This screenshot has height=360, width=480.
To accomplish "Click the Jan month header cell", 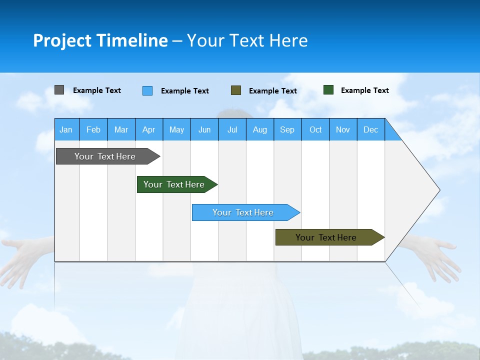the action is (66, 129).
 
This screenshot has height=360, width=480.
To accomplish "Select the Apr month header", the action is (149, 129).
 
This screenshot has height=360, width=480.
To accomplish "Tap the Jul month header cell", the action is (232, 129).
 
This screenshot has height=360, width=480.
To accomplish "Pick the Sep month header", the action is (287, 129).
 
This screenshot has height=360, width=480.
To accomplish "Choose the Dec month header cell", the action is (371, 129).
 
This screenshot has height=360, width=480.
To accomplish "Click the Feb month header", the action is (93, 129).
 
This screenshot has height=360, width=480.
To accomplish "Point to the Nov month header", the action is (343, 129).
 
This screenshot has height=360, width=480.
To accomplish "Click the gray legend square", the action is (59, 90).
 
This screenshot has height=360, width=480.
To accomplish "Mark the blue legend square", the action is (147, 90).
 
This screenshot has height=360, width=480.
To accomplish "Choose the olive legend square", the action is (236, 90).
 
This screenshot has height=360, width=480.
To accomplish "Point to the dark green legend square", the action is (328, 90).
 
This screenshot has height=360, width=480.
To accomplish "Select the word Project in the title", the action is (61, 40).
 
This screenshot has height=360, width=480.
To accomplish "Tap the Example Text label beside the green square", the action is (364, 90).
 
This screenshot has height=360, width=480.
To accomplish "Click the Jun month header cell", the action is (204, 129).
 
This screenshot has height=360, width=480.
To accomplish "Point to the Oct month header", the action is (315, 129).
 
